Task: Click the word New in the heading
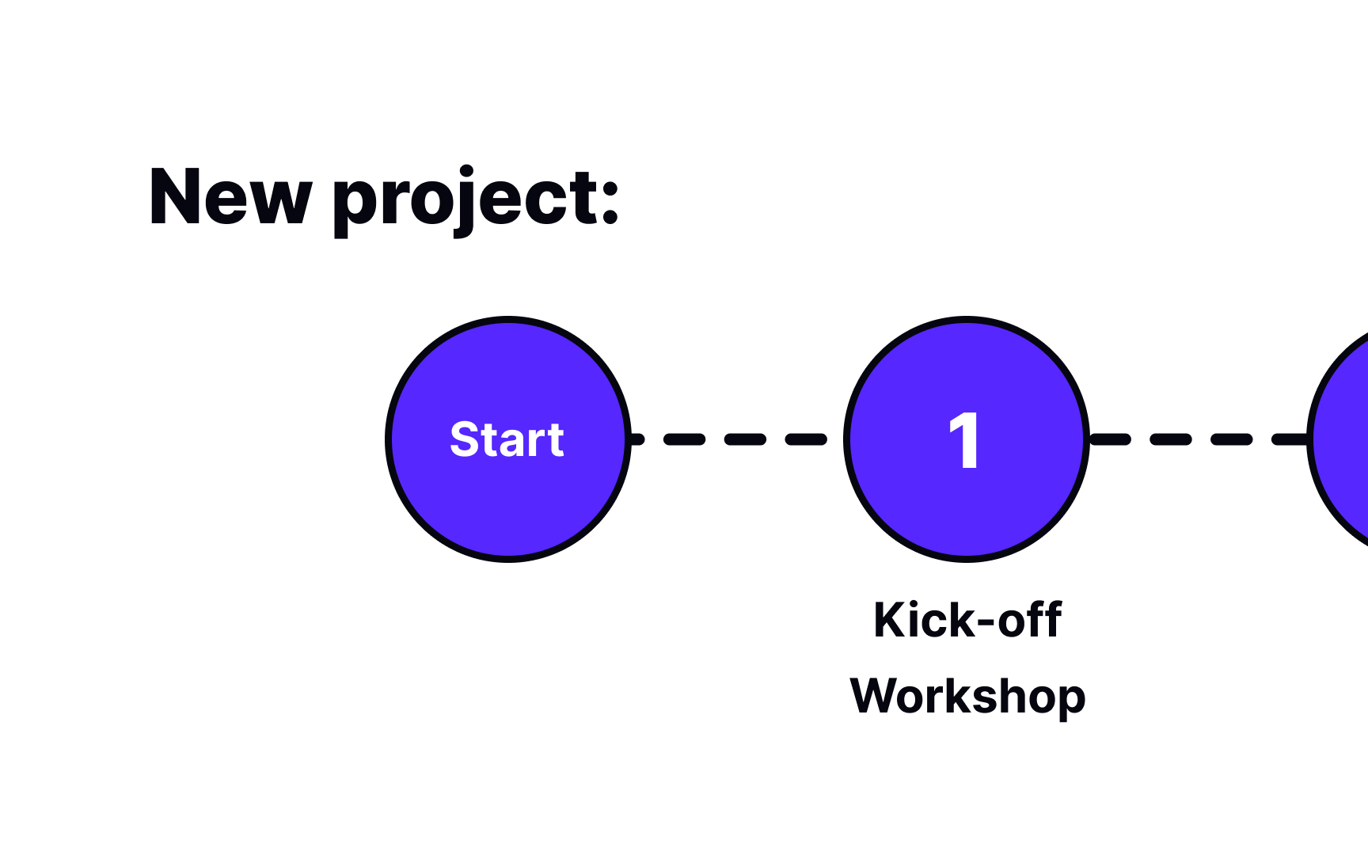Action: pos(230,198)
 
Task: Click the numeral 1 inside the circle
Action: pos(964,440)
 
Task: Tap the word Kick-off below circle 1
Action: pos(967,620)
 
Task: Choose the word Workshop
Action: pos(967,697)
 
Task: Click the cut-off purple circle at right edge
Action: pos(1346,439)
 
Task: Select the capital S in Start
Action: pos(465,440)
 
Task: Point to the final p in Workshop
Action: pos(1070,700)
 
